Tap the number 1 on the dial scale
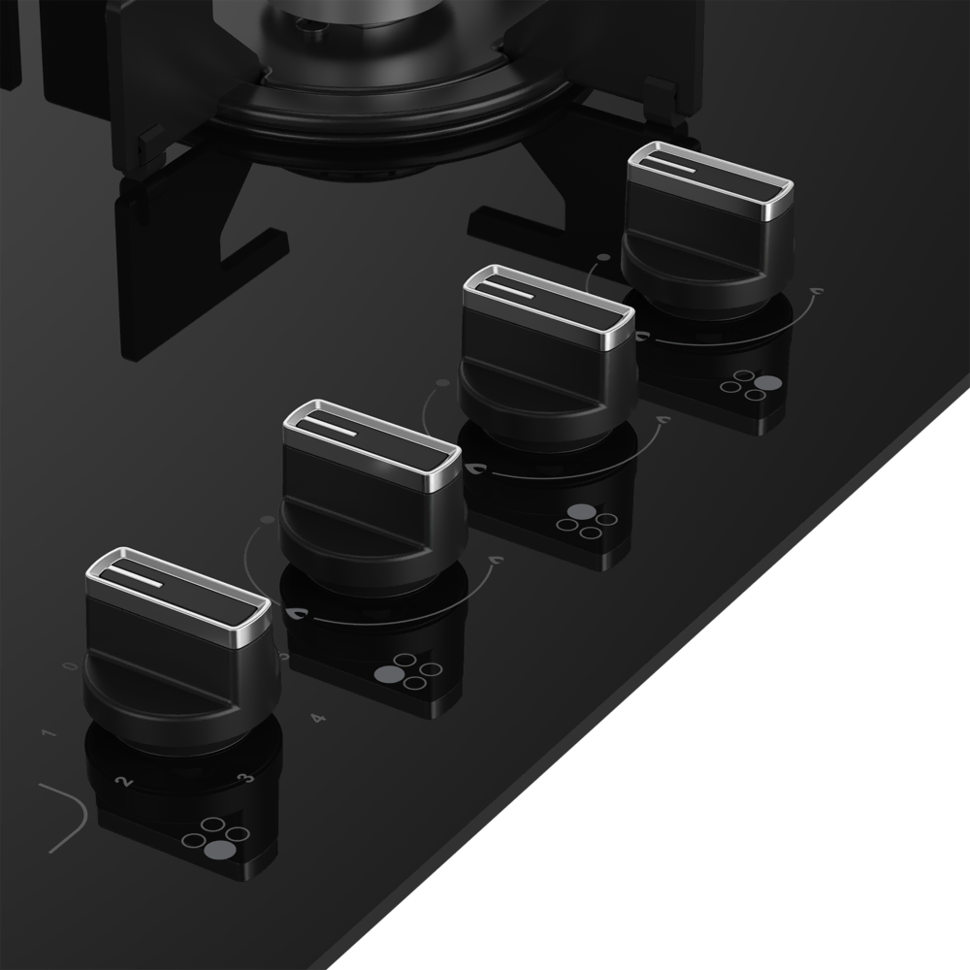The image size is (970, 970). [x=48, y=732]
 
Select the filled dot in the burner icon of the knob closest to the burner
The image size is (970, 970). [x=767, y=383]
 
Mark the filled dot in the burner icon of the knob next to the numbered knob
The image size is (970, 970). [x=386, y=674]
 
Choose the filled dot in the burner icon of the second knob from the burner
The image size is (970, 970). [x=580, y=512]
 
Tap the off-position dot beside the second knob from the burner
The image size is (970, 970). [x=441, y=384]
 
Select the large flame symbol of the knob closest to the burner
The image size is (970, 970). [x=641, y=336]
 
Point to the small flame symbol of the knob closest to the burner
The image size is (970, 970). [x=815, y=290]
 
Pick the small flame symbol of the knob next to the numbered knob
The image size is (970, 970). [x=495, y=560]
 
